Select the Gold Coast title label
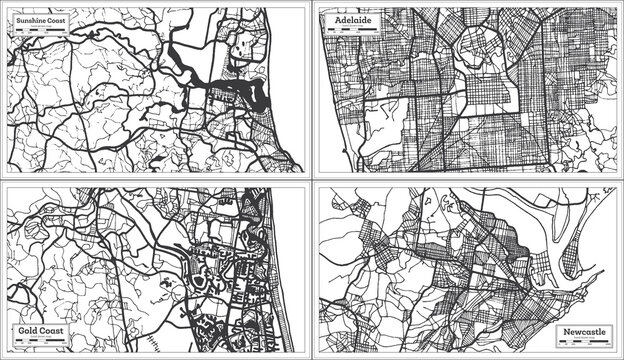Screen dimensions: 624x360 tap(37, 328)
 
